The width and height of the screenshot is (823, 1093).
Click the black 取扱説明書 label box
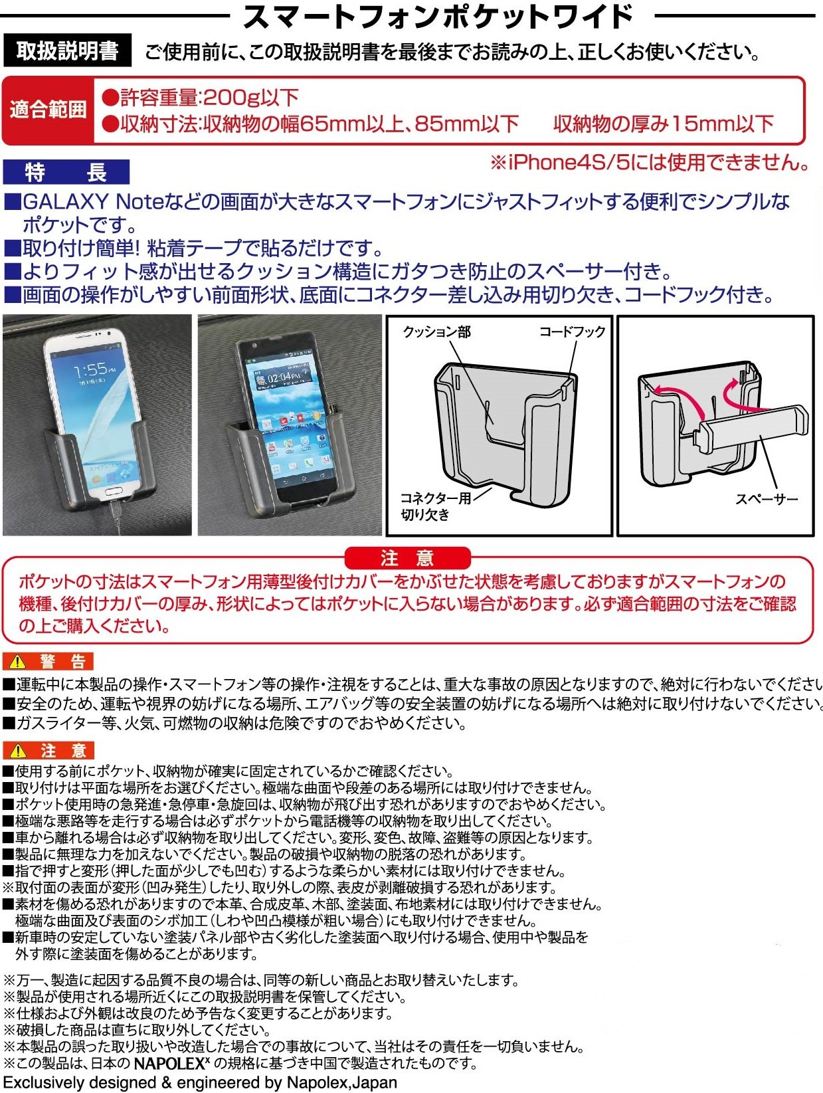click(x=67, y=50)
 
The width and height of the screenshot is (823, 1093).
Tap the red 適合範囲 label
click(x=48, y=110)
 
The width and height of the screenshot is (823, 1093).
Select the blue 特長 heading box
click(x=66, y=172)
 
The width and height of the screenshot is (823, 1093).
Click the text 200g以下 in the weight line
click(x=250, y=97)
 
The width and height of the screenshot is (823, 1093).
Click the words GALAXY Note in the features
click(x=93, y=202)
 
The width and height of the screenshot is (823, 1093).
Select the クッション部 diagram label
click(x=436, y=332)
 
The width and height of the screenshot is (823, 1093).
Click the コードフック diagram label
click(x=572, y=332)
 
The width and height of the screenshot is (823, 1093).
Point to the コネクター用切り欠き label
click(x=436, y=506)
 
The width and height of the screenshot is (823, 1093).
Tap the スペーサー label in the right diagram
click(x=767, y=499)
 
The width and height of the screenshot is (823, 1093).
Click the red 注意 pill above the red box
click(x=408, y=557)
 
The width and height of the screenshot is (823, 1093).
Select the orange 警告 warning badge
click(x=48, y=661)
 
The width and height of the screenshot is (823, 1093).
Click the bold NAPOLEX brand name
click(x=169, y=1064)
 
